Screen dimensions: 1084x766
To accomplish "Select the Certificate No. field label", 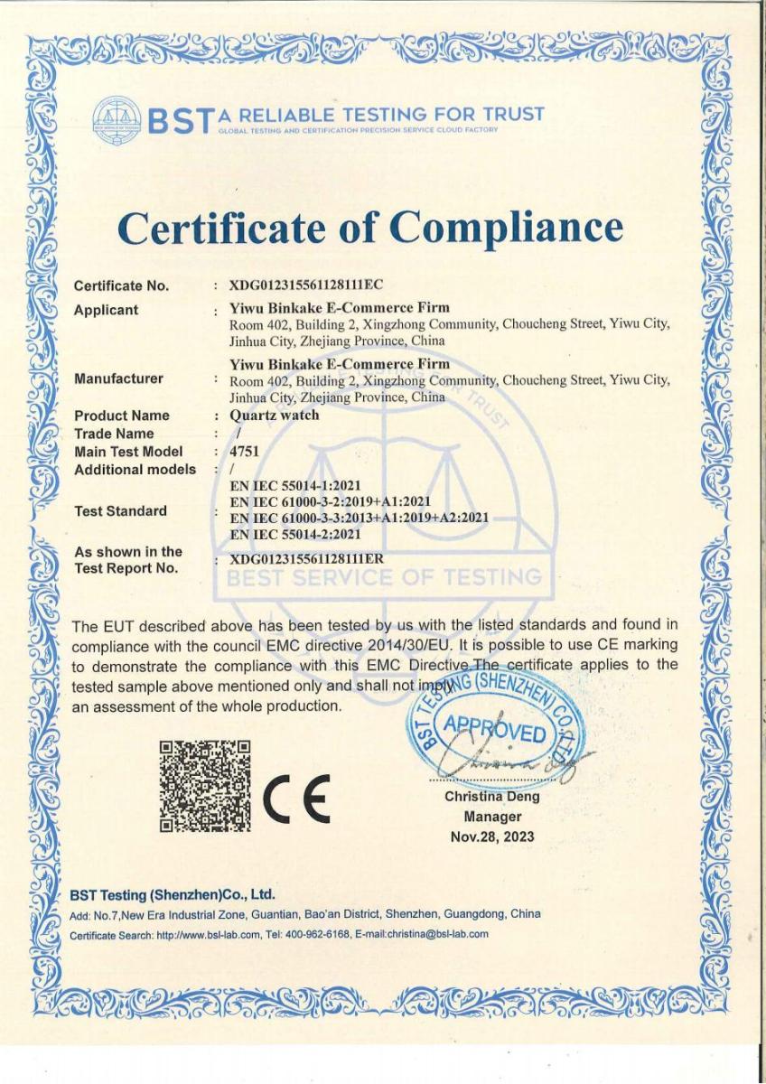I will pos(121,287).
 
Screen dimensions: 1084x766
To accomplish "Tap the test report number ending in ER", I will pos(307,558).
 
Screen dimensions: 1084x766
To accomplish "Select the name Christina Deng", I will pos(491,797).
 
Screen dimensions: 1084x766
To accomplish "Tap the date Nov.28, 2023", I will pos(491,836).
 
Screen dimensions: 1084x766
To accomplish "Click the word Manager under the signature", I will pos(491,817).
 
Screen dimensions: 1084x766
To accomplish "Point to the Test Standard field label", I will pos(120,511).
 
